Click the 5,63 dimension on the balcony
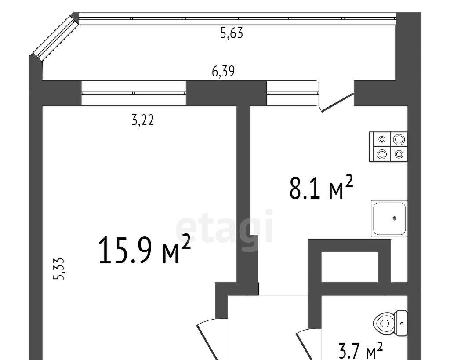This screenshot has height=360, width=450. (232, 33)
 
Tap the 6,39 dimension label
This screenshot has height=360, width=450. (223, 71)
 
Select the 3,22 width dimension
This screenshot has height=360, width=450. (143, 120)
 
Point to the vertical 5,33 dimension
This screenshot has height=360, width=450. (58, 269)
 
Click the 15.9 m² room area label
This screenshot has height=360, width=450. (144, 250)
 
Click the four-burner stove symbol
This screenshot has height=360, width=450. (388, 147)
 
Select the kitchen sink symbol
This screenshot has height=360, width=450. (389, 219)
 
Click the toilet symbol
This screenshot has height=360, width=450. (390, 323)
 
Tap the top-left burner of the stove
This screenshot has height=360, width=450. (382, 139)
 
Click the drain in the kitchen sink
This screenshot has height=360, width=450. (395, 218)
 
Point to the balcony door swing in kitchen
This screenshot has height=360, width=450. (335, 102)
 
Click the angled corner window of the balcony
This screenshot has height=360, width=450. (55, 36)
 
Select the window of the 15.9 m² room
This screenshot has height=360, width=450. (134, 93)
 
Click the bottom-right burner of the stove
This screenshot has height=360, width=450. (399, 154)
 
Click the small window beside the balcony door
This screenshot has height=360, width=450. (292, 93)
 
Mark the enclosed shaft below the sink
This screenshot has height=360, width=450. (349, 267)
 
